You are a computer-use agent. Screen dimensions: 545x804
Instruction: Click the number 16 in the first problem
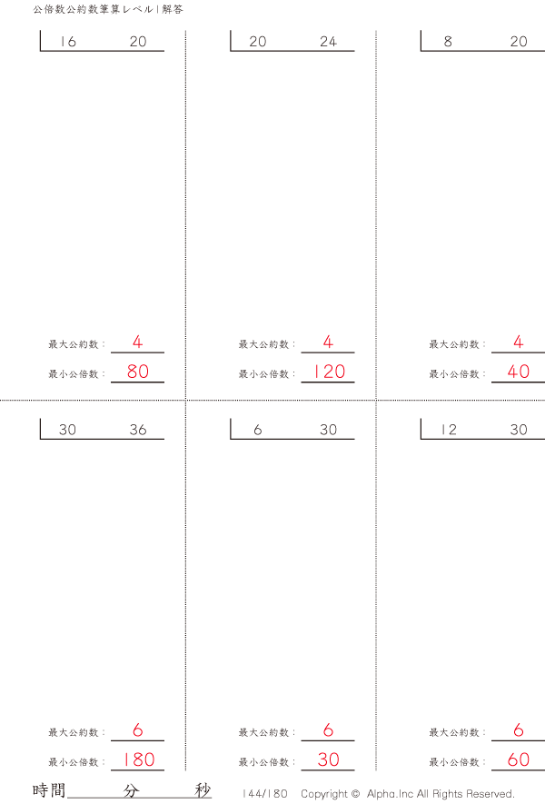click(x=68, y=42)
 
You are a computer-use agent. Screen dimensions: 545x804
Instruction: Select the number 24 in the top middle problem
click(x=328, y=42)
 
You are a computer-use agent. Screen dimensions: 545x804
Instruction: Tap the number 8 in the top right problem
click(x=448, y=42)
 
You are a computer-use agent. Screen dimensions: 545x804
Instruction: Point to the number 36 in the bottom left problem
click(x=138, y=430)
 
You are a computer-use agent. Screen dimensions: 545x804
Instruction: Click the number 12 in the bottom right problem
click(x=449, y=430)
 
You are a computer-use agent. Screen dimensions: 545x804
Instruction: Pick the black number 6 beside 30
click(x=257, y=430)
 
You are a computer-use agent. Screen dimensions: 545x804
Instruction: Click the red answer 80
click(x=138, y=372)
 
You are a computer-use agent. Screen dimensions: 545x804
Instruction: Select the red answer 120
click(x=329, y=372)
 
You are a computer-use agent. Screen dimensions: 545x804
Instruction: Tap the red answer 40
click(x=519, y=372)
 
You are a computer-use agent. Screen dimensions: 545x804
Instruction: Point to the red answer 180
click(x=138, y=759)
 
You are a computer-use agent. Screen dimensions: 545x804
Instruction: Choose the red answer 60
click(x=519, y=759)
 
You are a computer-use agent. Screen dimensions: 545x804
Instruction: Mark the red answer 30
click(x=328, y=759)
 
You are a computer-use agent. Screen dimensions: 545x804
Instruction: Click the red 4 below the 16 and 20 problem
click(x=137, y=342)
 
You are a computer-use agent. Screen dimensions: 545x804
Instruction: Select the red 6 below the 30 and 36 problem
click(x=137, y=730)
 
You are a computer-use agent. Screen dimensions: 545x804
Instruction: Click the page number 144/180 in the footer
click(x=264, y=794)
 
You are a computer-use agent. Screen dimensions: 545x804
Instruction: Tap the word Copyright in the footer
click(x=324, y=794)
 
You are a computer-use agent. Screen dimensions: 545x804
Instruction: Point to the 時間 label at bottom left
click(x=49, y=790)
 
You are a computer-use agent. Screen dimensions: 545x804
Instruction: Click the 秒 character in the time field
click(x=203, y=790)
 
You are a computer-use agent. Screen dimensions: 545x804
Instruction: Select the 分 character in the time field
click(x=131, y=790)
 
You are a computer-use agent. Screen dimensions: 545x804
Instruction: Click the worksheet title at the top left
click(x=108, y=9)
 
